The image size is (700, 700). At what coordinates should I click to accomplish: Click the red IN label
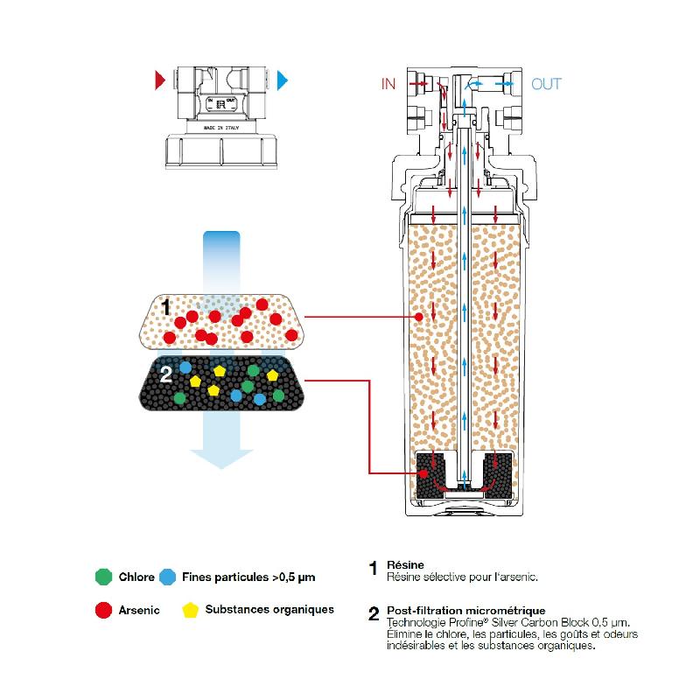[x=388, y=85]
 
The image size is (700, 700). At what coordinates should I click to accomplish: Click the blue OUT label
[x=547, y=85]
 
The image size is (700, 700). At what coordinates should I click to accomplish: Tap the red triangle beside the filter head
[x=159, y=81]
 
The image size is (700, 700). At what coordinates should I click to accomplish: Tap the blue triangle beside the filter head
[x=283, y=81]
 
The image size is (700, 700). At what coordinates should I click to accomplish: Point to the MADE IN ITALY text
[x=220, y=127]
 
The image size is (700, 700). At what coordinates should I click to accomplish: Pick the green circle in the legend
[x=103, y=577]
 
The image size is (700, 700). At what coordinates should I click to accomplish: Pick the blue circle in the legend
[x=168, y=577]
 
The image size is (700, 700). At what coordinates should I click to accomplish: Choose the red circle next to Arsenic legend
[x=103, y=610]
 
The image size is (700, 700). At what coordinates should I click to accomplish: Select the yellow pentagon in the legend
[x=188, y=609]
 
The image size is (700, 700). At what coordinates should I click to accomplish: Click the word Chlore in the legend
[x=136, y=577]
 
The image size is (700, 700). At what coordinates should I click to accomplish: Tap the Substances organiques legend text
[x=269, y=609]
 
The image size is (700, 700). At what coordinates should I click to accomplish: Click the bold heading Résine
[x=404, y=566]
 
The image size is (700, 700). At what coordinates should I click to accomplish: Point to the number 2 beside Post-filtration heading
[x=374, y=613]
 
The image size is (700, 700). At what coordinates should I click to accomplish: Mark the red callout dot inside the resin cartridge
[x=419, y=317]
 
